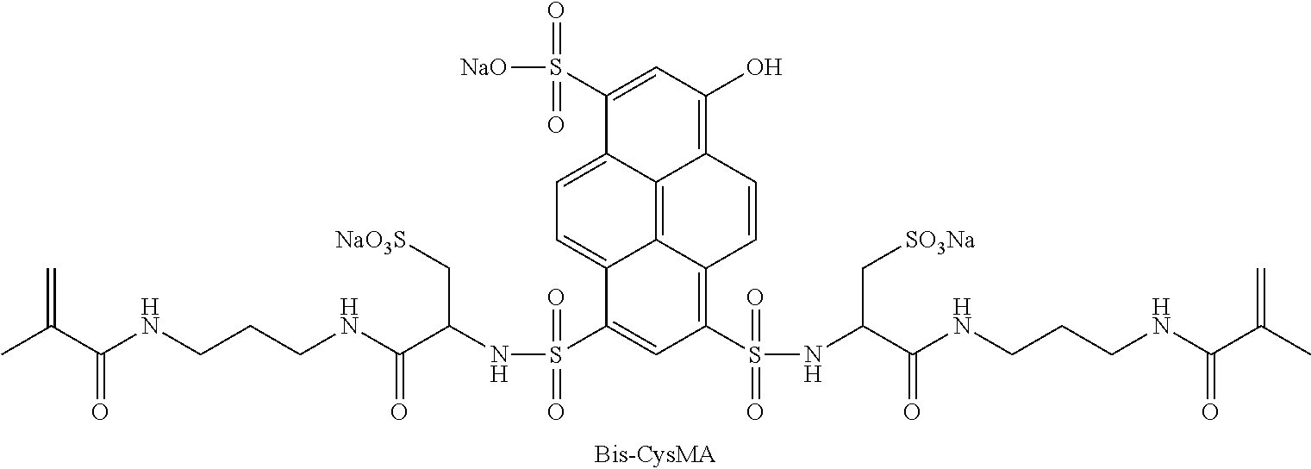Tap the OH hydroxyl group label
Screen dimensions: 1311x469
[x=764, y=68]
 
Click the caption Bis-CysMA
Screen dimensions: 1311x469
[x=655, y=454]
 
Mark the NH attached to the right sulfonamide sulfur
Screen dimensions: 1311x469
[x=810, y=361]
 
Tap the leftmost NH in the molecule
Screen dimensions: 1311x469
[x=149, y=316]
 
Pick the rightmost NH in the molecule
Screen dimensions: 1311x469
[x=1162, y=316]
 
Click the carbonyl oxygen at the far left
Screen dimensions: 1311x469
[x=100, y=411]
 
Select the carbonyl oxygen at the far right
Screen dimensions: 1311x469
[x=1211, y=411]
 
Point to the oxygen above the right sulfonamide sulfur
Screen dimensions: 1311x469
[x=755, y=299]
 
